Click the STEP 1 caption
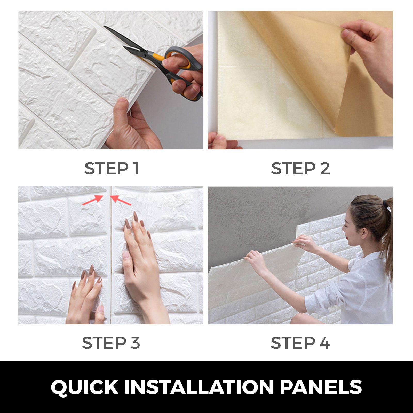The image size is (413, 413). point(112,169)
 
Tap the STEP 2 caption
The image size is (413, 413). point(300,169)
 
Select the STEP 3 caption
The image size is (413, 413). point(111,343)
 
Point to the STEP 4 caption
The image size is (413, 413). point(300,343)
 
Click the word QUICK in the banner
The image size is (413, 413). point(84,387)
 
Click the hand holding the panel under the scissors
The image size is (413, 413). point(132,126)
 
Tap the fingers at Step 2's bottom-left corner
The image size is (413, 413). point(219,142)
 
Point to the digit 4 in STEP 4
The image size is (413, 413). point(325,343)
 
